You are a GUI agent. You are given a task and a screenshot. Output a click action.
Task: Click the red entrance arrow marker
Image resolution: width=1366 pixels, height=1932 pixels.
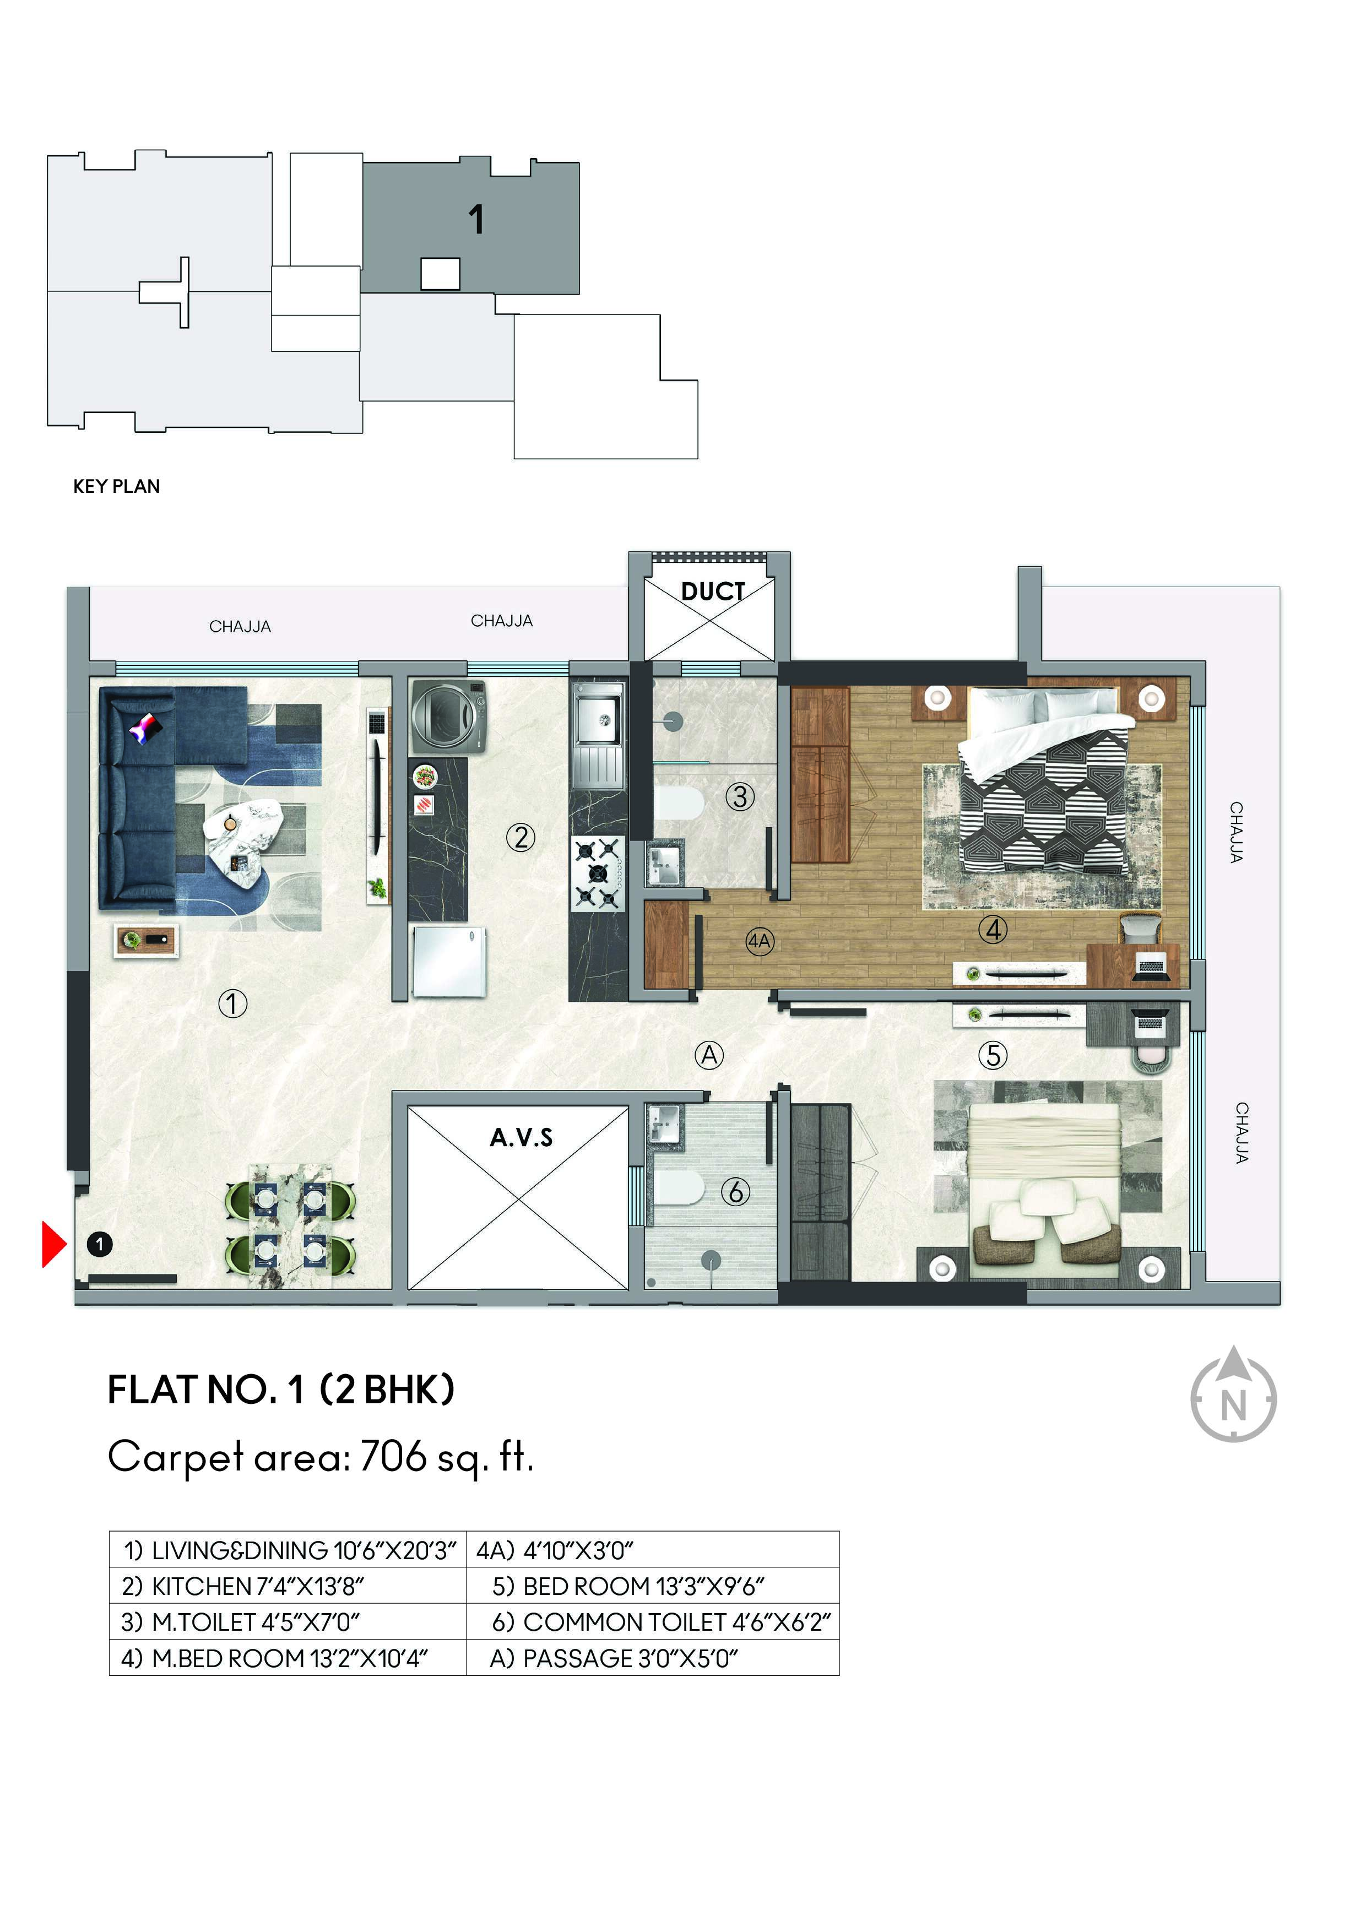(x=54, y=1245)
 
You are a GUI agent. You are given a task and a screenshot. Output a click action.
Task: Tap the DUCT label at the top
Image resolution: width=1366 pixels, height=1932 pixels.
(x=712, y=591)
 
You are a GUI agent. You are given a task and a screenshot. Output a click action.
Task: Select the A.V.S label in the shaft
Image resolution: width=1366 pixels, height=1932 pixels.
(x=521, y=1138)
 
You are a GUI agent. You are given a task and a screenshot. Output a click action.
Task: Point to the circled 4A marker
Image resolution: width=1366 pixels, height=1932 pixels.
(x=759, y=941)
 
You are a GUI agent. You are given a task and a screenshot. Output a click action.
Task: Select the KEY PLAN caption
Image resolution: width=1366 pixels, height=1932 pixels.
(x=116, y=486)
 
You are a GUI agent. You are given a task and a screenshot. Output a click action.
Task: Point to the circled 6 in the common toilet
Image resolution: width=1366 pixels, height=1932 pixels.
(x=736, y=1191)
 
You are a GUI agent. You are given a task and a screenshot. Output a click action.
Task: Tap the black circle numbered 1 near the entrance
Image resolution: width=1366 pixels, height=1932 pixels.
(x=99, y=1244)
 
